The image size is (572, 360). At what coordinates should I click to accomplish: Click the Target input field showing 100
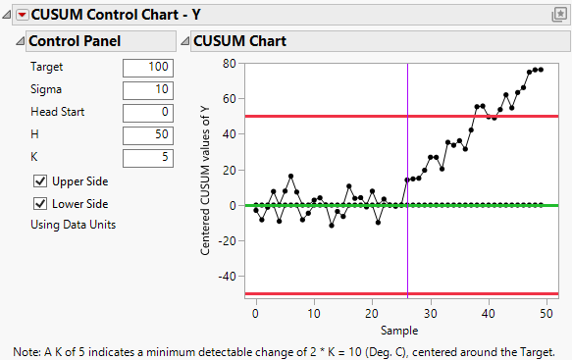148,68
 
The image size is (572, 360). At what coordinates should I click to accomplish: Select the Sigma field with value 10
148,90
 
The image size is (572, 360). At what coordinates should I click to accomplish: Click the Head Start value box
148,112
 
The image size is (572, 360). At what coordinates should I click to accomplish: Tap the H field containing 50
148,134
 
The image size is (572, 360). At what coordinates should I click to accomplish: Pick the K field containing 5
148,156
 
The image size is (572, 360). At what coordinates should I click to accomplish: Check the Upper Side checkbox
40,181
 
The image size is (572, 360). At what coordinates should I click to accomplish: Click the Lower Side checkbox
40,204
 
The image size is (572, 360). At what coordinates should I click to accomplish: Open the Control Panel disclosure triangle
20,41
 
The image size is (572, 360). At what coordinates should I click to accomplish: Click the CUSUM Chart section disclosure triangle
184,41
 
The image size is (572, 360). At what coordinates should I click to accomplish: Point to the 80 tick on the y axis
232,64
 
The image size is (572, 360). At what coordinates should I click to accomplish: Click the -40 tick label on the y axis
229,277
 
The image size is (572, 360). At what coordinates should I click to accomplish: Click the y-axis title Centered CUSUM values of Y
206,179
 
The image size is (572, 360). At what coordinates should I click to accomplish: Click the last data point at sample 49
541,70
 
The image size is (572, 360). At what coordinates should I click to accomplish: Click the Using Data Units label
74,225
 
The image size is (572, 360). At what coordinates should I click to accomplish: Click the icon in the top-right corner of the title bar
559,15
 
